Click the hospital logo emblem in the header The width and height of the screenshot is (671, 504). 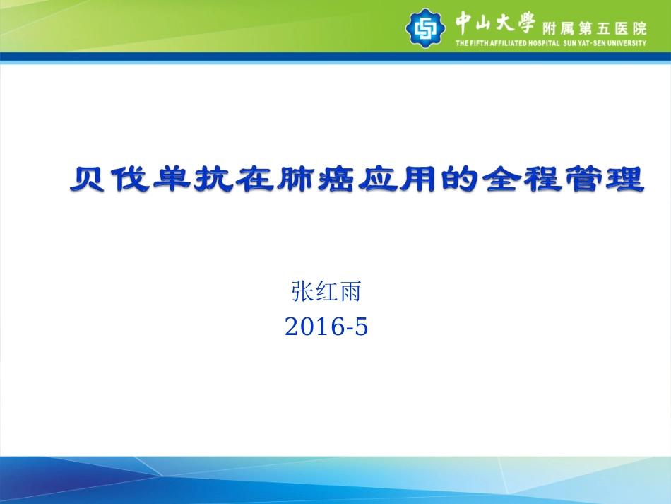[x=425, y=27]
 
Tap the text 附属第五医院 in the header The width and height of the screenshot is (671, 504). [x=593, y=28]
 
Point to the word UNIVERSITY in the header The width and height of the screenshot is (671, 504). [x=624, y=43]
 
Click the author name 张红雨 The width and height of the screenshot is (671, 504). [x=326, y=291]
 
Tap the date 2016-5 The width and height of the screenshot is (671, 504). [x=326, y=326]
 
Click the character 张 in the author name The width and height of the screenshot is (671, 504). [x=302, y=291]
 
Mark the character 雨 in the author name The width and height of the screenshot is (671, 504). [x=350, y=291]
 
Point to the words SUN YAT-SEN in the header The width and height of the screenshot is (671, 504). [x=582, y=43]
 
